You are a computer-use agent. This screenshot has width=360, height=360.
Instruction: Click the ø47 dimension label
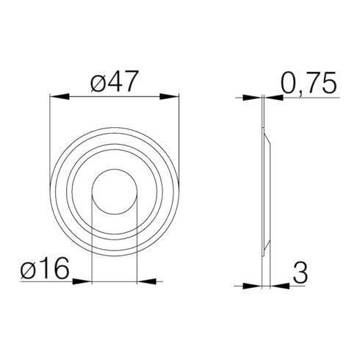[113, 82]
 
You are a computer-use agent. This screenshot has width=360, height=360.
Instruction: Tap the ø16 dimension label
[45, 268]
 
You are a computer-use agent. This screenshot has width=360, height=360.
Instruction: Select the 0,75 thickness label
[309, 84]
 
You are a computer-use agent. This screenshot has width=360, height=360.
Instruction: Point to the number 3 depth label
[300, 273]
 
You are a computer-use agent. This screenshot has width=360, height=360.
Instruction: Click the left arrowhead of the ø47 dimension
[59, 96]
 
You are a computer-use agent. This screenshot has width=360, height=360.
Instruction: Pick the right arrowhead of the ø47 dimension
[169, 96]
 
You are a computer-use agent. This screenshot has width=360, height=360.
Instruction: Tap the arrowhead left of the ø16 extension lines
[82, 281]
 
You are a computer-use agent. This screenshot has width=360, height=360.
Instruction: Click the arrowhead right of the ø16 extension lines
[146, 281]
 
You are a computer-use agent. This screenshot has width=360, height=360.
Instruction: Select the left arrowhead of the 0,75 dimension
[251, 98]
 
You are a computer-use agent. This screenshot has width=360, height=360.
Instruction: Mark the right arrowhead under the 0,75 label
[274, 98]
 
